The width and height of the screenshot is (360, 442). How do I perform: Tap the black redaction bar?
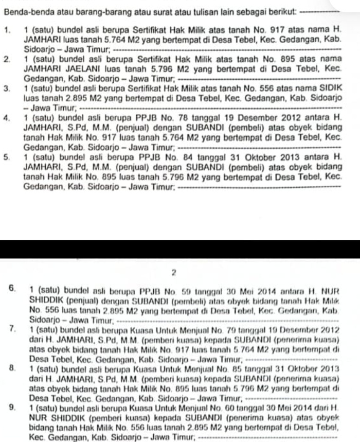[180, 249]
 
